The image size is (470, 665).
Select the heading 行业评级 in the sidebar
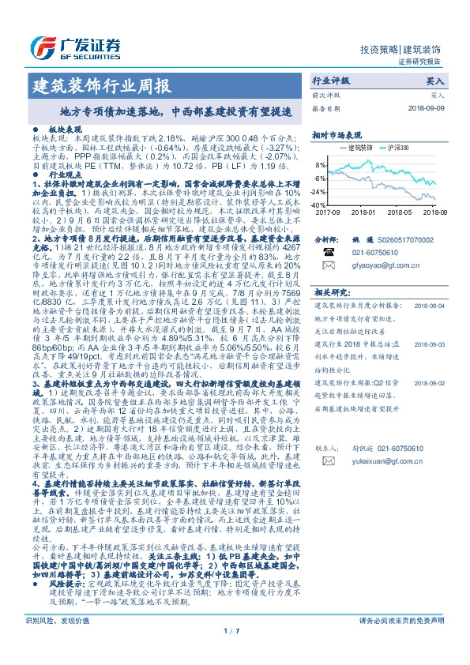(330, 81)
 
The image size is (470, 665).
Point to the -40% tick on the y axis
(319, 205)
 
